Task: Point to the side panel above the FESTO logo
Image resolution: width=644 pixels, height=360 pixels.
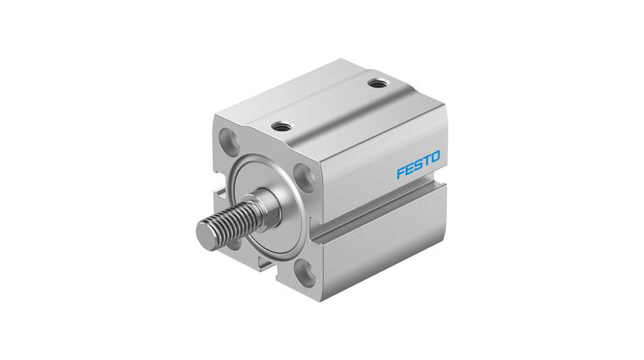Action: click(379, 136)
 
